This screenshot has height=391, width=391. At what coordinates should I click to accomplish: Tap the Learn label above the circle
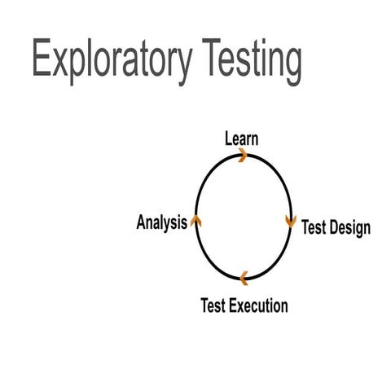click(242, 138)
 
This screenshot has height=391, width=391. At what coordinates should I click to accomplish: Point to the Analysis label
click(161, 222)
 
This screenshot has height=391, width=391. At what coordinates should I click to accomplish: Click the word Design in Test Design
click(350, 227)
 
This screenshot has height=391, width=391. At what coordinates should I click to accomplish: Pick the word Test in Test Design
click(314, 227)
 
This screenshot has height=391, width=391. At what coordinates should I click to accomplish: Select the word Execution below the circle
click(258, 306)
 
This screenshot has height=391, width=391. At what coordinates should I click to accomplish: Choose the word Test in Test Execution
click(213, 306)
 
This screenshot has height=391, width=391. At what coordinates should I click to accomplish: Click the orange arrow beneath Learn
click(242, 156)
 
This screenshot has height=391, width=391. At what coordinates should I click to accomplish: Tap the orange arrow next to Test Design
click(290, 222)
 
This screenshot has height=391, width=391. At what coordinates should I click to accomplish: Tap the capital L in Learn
click(229, 138)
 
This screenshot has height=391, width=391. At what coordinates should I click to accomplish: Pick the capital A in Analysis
click(141, 222)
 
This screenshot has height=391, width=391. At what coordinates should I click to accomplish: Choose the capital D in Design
click(334, 227)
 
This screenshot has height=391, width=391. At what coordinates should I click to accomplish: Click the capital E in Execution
click(234, 306)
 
